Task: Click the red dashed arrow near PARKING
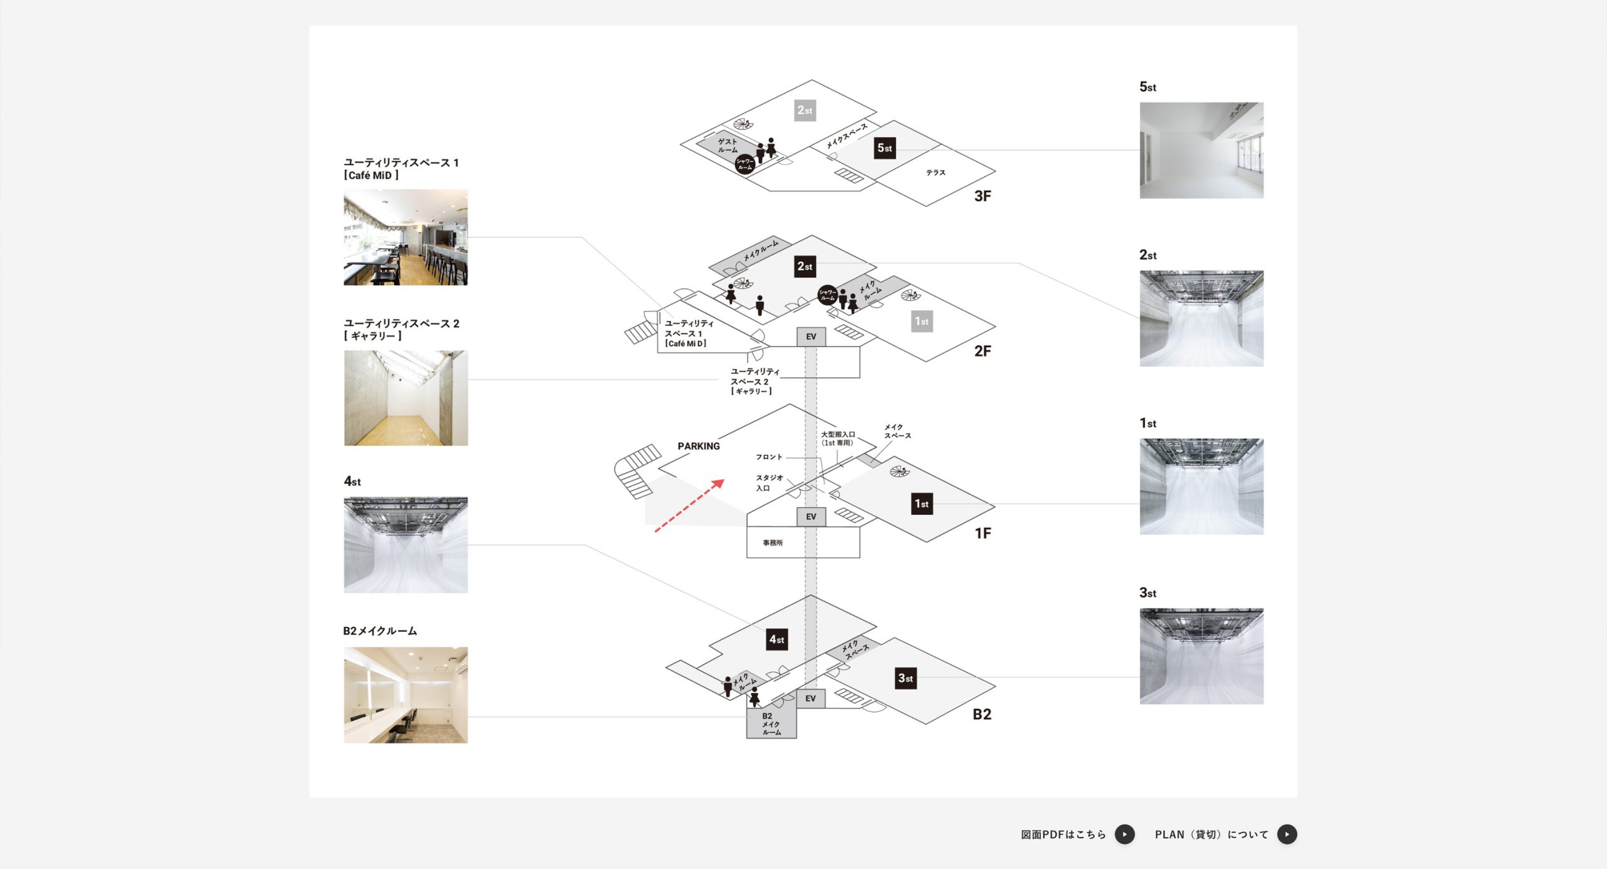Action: pos(689,505)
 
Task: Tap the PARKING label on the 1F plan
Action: pos(698,446)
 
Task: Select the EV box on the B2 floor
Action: pos(810,698)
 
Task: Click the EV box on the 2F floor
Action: pos(811,337)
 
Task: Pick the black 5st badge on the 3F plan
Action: pos(884,148)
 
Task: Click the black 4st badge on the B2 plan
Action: pos(777,639)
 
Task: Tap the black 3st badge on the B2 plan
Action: pos(905,678)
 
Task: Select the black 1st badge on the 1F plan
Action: pos(922,504)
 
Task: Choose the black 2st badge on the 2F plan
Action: pos(805,266)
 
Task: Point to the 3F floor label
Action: pos(982,196)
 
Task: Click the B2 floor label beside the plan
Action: pos(982,714)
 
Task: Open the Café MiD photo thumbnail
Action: pos(406,237)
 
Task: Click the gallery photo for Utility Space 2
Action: pos(406,398)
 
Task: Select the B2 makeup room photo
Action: pos(406,695)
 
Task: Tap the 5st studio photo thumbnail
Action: pos(1201,151)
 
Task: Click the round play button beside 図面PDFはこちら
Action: pos(1124,834)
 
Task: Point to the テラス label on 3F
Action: pos(935,173)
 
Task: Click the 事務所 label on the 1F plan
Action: pos(773,542)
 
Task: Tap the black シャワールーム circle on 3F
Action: pos(744,165)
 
